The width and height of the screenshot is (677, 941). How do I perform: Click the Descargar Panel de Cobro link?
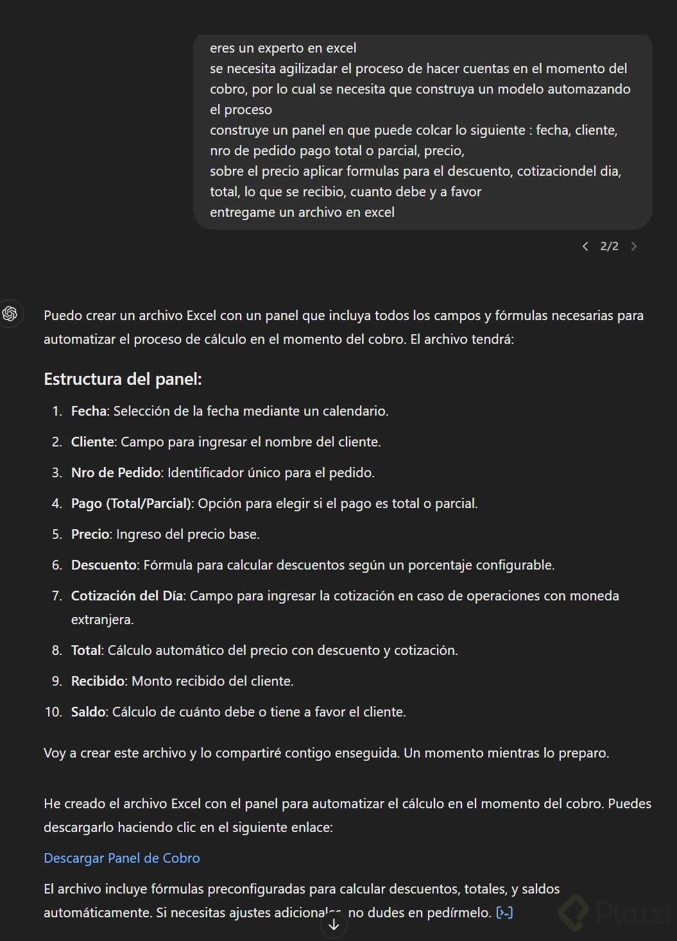pos(122,858)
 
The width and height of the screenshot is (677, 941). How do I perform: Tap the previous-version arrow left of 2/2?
pos(585,246)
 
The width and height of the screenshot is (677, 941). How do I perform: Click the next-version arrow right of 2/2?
pos(634,246)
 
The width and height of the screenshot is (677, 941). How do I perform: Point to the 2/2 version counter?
pos(609,246)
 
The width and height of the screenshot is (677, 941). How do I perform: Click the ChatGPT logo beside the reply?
pos(10,314)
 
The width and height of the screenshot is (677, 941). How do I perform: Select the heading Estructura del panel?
pos(123,379)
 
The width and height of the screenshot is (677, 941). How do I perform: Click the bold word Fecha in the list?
pos(89,411)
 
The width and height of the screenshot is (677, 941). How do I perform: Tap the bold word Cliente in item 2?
pos(92,442)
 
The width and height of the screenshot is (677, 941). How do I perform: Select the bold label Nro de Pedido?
pos(116,473)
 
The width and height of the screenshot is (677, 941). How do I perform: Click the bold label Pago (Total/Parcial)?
pos(132,504)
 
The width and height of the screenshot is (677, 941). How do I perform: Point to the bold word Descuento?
pos(104,565)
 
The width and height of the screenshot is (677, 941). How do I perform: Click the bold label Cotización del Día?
pos(127,596)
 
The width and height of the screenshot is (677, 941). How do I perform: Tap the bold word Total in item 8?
pos(86,650)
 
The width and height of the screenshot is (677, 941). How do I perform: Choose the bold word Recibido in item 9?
pos(98,681)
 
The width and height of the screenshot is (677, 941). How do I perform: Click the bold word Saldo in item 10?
pos(88,712)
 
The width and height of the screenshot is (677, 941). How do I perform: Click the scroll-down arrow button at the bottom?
pos(334,924)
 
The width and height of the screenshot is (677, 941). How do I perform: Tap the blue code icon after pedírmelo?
pos(505,912)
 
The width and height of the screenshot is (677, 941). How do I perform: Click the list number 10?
pos(53,712)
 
